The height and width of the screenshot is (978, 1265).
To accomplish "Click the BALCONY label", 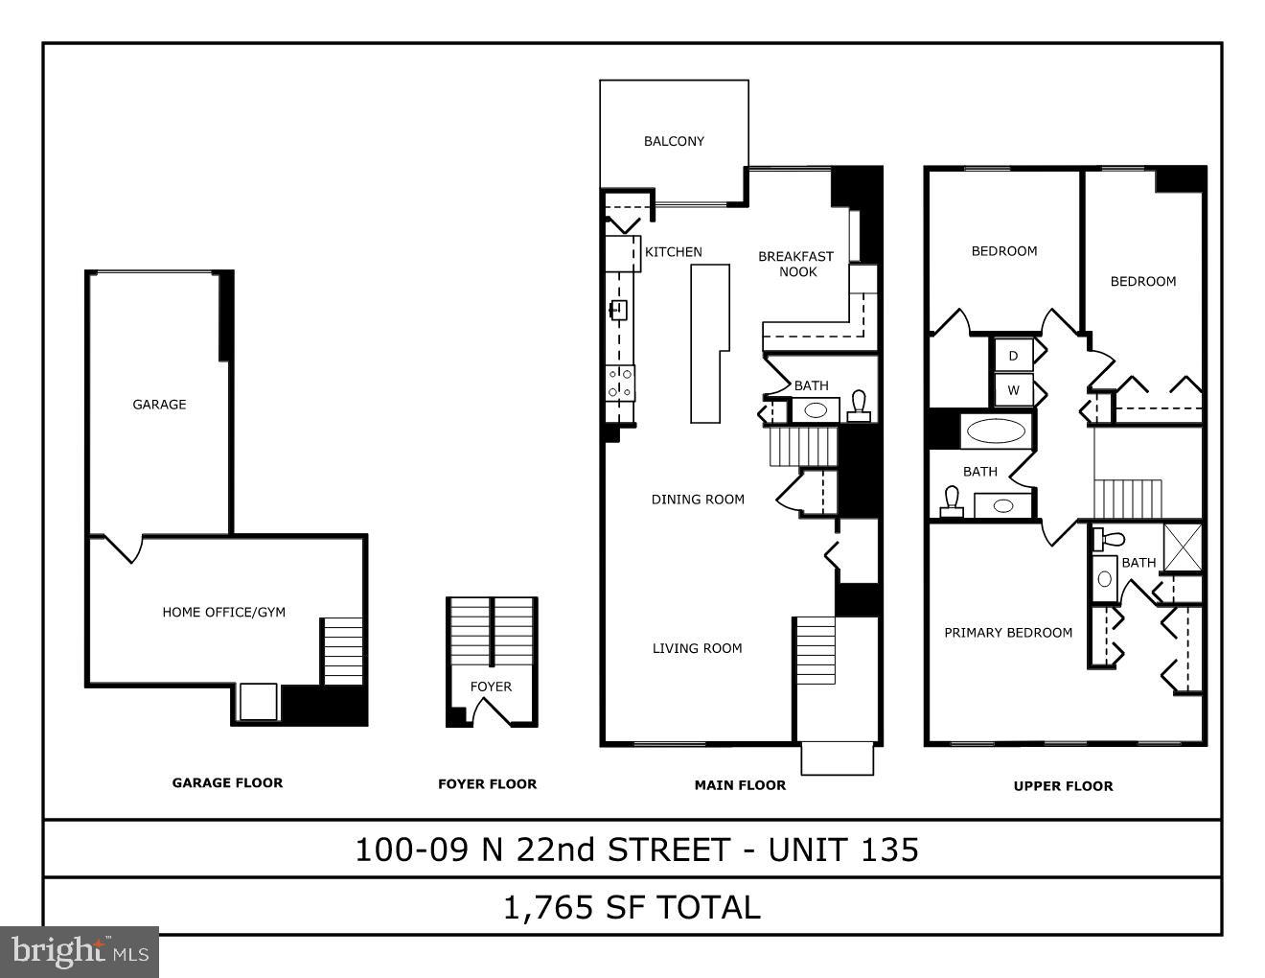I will point(674,141).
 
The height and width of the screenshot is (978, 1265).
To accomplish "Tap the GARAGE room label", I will point(159,405).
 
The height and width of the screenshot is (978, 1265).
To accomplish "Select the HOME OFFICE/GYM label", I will point(223,612).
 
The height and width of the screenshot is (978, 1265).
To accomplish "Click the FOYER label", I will point(491,687).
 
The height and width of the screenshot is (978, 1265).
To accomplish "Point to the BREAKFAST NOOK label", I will point(795,264).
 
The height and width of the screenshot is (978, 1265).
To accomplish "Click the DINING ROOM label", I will point(698,500).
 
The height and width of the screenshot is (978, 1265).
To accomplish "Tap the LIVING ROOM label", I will point(697,648).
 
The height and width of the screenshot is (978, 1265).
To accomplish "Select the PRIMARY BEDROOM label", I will point(1008,633).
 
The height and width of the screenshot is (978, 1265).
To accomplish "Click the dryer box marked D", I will point(1013,356).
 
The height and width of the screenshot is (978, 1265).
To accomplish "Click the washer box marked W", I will point(1013,390).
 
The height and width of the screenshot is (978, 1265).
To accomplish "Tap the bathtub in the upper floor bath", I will point(995,431).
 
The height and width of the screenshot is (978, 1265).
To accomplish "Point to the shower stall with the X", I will point(1183,547).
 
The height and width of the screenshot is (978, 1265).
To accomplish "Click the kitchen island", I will point(709,343).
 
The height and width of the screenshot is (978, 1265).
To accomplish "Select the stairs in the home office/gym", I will point(342,651).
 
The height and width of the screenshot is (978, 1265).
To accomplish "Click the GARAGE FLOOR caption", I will point(227,782).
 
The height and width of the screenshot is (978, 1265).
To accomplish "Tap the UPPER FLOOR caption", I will point(1063,786).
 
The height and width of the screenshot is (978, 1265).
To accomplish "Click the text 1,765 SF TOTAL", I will point(632,907).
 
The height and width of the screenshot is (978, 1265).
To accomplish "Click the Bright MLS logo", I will point(80,951).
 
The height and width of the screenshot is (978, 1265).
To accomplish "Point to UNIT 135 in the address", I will point(843,850).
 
